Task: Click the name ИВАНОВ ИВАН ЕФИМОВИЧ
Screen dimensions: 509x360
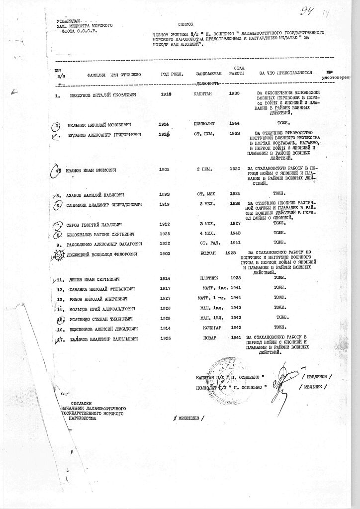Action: pos(91,170)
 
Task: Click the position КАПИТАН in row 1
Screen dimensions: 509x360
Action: pos(203,93)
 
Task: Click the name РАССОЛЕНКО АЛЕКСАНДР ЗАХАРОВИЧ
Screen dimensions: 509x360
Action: pos(104,244)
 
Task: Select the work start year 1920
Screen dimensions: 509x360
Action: pos(235,169)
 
